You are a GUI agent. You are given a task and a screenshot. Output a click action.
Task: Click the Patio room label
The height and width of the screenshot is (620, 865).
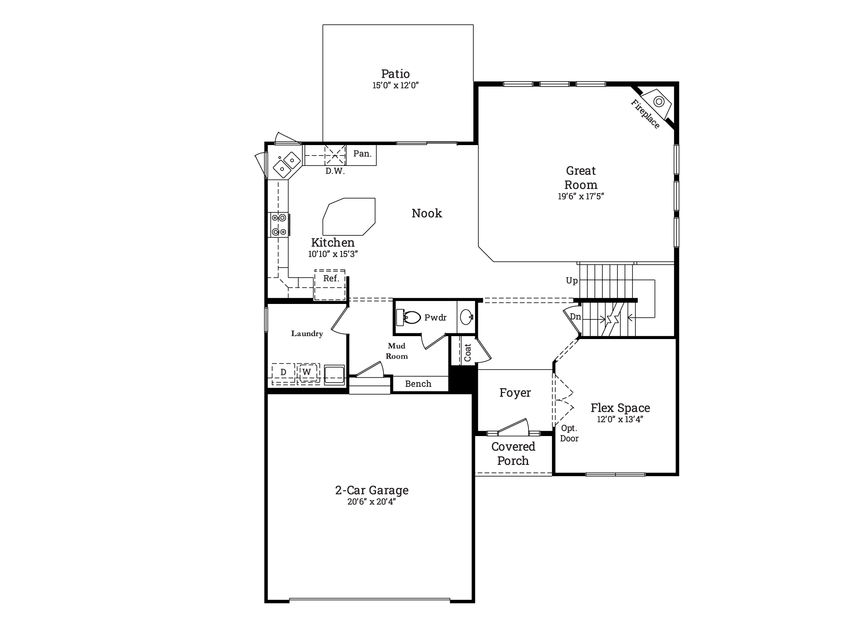[396, 74]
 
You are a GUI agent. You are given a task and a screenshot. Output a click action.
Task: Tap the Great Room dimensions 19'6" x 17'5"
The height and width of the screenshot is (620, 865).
[581, 196]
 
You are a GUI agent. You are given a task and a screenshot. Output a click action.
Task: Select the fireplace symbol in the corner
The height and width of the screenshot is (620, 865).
[657, 103]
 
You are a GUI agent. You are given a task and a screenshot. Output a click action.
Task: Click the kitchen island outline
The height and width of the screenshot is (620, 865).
[349, 217]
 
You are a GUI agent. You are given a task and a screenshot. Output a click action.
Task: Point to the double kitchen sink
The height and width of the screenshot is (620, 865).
[287, 164]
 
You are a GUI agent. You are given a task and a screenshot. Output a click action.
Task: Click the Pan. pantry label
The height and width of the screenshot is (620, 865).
[362, 154]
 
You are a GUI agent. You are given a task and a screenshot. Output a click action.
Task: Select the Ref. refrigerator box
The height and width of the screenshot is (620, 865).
[330, 285]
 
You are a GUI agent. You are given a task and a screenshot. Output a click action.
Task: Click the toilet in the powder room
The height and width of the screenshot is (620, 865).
[408, 318]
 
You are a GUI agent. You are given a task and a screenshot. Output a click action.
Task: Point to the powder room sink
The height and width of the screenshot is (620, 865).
[467, 317]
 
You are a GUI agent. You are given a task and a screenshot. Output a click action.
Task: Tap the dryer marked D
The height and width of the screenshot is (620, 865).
[283, 372]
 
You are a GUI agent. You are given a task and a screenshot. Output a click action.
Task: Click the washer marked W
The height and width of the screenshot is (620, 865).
[307, 372]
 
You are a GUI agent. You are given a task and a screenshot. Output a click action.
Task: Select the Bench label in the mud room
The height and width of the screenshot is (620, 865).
[418, 384]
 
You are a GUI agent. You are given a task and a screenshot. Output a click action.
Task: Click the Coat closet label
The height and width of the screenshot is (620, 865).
[468, 353]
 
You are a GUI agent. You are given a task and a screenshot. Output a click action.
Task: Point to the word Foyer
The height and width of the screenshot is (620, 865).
[515, 393]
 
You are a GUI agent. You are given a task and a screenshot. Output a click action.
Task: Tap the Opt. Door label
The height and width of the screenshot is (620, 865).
[569, 434]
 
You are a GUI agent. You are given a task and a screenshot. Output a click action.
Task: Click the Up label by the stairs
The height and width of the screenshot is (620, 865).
[572, 281]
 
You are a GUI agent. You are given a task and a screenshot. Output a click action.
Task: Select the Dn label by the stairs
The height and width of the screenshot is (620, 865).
[576, 317]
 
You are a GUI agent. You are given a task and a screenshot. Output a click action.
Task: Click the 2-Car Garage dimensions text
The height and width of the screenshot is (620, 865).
[372, 502]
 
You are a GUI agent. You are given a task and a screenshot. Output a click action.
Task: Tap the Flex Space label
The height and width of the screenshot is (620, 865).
[620, 408]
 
